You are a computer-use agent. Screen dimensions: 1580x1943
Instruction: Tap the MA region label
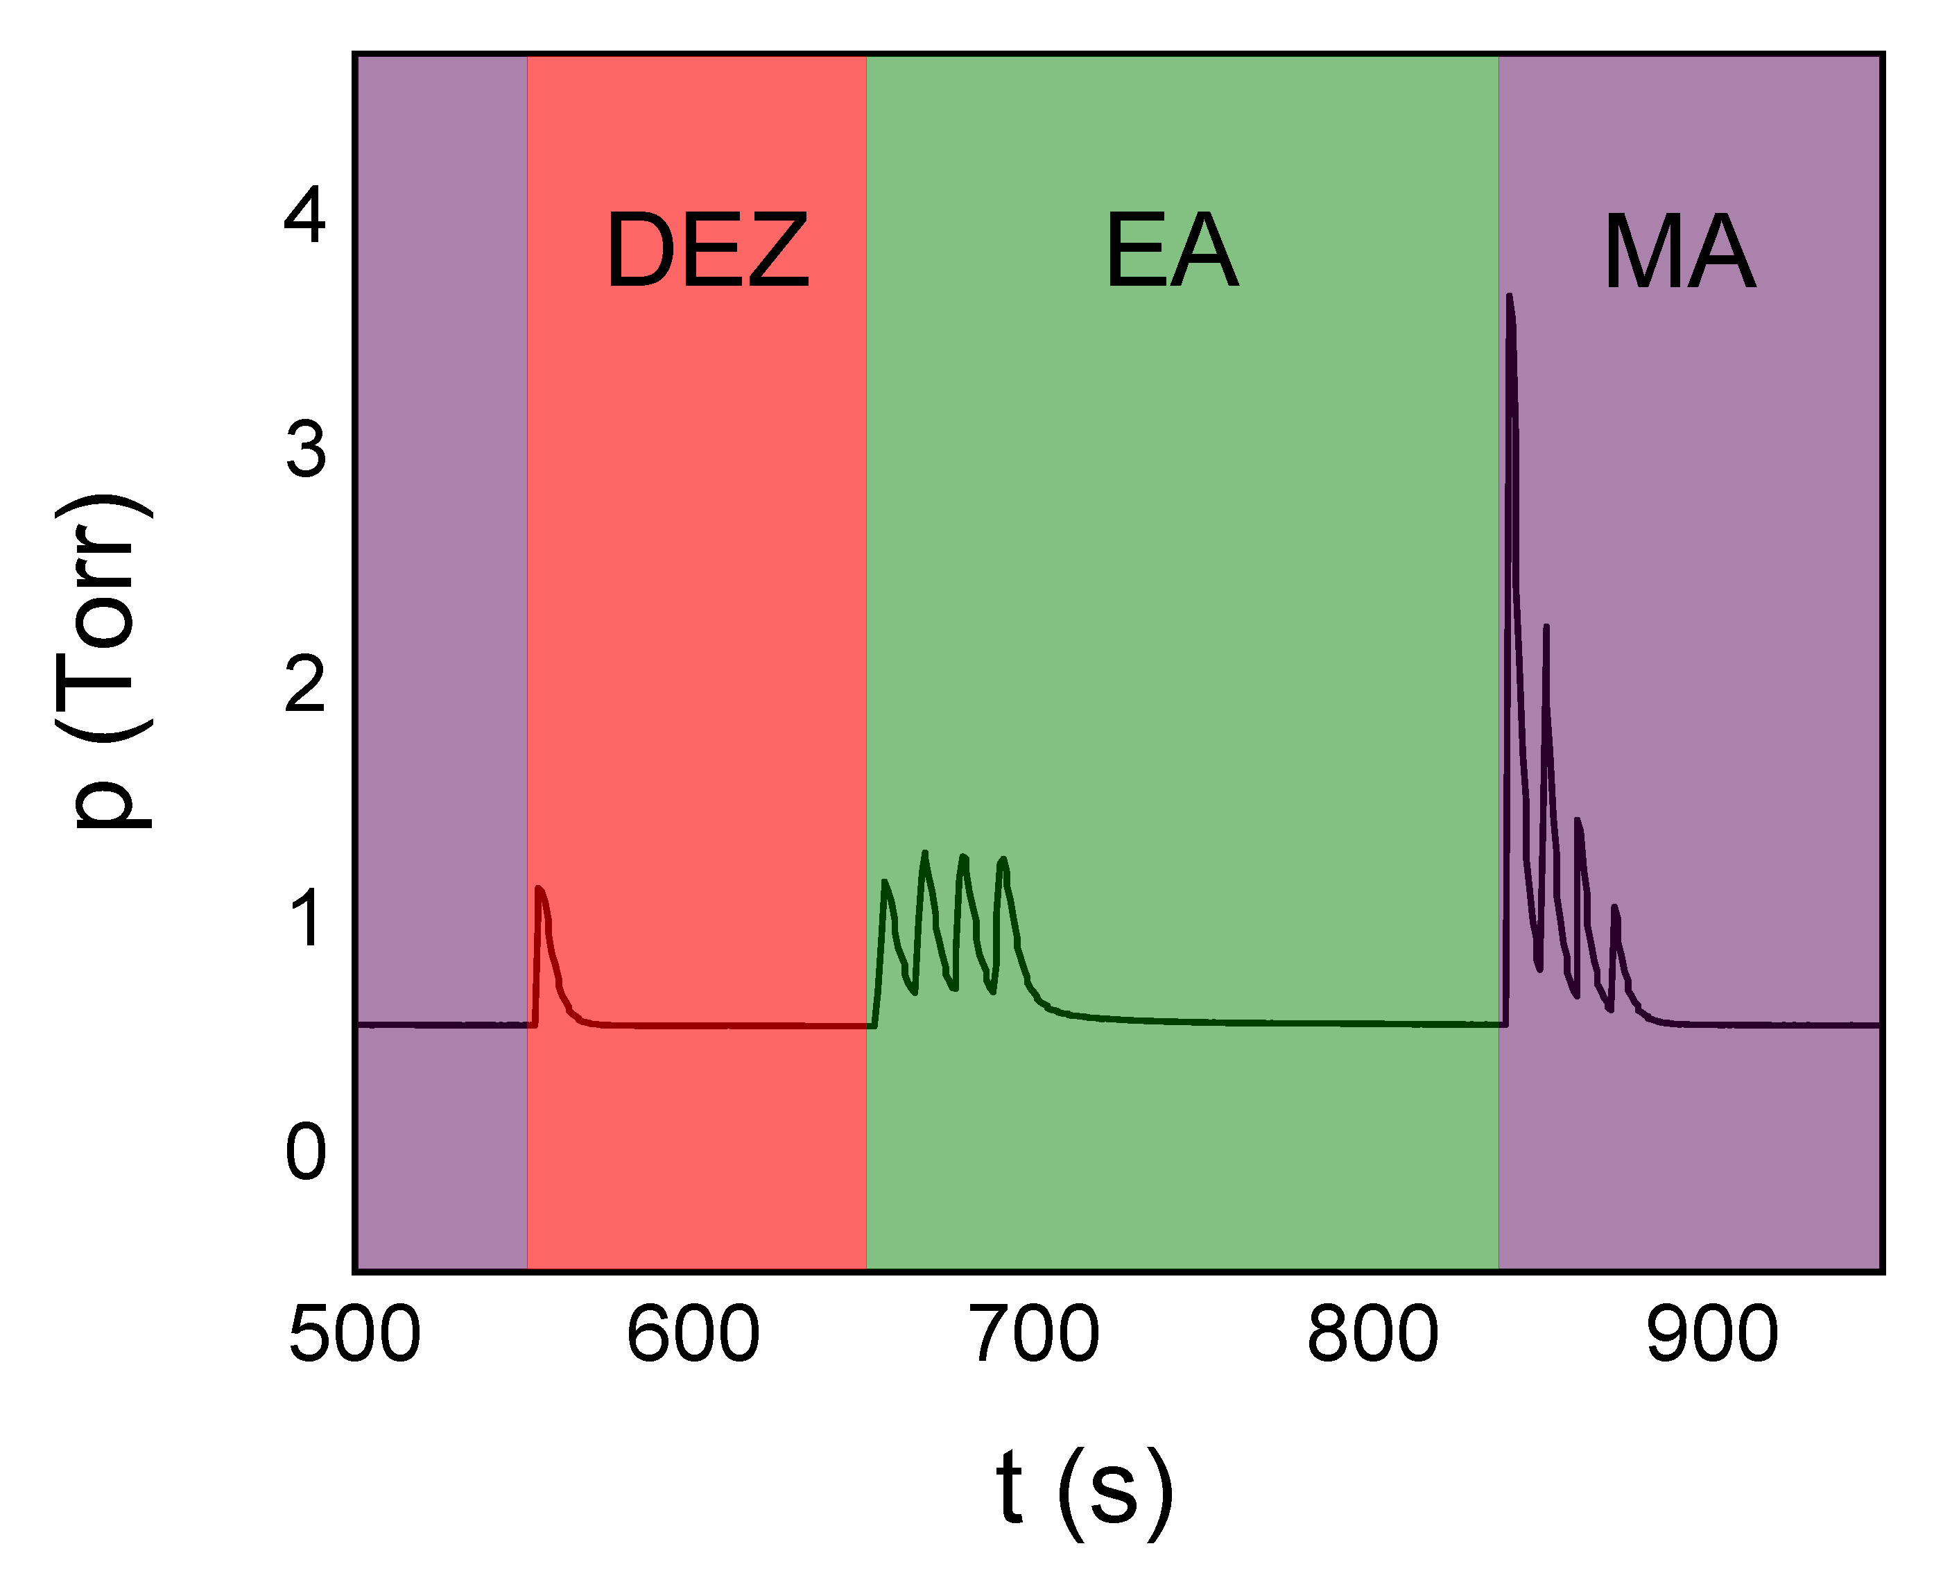1679,252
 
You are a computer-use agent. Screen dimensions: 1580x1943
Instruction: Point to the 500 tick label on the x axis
354,1334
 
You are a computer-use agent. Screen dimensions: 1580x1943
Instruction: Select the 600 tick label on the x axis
693,1334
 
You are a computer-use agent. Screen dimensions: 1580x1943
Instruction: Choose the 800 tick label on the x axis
1372,1334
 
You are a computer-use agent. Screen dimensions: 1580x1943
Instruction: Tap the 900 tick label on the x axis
1712,1334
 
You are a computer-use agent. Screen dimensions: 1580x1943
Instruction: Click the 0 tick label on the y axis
306,1152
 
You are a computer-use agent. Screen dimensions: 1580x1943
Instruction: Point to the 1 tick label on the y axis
306,918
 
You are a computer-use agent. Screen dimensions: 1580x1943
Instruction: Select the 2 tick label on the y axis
306,685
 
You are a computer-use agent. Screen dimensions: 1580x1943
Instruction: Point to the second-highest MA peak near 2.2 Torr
1546,626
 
